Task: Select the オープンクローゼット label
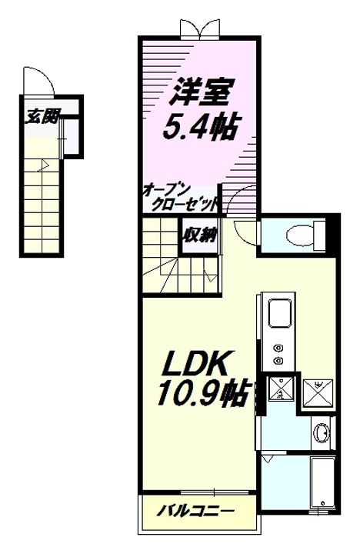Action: click(180, 199)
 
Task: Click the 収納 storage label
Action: click(199, 235)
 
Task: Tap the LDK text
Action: click(194, 363)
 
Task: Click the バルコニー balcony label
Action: click(195, 511)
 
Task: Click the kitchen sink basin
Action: click(280, 313)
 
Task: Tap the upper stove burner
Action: click(278, 348)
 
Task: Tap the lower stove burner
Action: click(278, 360)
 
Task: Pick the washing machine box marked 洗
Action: click(281, 389)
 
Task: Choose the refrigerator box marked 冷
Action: click(318, 393)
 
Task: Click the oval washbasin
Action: click(322, 432)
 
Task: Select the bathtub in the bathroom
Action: click(322, 482)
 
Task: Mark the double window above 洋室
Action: click(199, 29)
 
